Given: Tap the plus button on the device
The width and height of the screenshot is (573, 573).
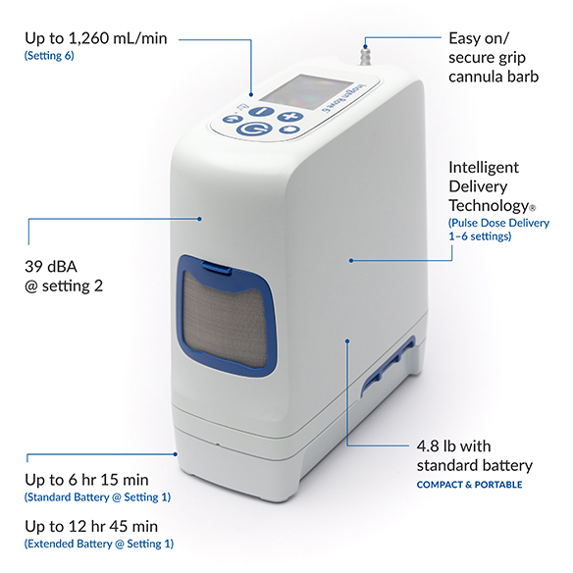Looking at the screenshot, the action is (x=289, y=116).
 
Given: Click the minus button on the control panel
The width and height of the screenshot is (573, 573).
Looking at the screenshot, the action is (x=261, y=111).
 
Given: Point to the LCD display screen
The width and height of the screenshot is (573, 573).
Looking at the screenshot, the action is (x=305, y=91).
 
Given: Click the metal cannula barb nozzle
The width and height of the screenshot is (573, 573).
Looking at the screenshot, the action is (x=365, y=57).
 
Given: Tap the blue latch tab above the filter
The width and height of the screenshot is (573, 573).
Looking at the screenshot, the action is (x=217, y=266).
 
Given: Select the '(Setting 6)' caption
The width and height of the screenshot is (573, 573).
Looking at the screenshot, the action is (x=49, y=56).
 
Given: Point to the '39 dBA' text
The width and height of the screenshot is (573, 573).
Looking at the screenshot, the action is (x=51, y=267).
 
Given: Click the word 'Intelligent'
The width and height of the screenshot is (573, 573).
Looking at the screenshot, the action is (x=483, y=168).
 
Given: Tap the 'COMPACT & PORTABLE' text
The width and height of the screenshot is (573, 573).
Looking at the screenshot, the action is (x=469, y=485).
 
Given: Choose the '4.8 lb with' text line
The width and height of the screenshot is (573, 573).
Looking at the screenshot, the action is (x=453, y=446).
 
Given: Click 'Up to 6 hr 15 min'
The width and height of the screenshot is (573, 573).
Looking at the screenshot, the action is (x=86, y=480).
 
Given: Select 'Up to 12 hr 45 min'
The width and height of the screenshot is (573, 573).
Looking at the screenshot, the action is (x=91, y=527).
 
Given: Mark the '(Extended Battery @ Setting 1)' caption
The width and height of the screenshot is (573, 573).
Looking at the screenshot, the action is (x=99, y=545).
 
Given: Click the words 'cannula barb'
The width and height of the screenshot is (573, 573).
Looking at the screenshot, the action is (x=494, y=77).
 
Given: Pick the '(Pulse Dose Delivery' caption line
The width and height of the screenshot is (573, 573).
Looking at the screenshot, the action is (x=498, y=223).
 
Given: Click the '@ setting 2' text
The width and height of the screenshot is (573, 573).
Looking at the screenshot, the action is (x=64, y=286).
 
